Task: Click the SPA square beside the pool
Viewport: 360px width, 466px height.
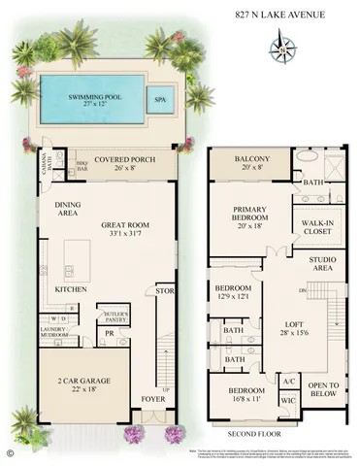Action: pos(158,98)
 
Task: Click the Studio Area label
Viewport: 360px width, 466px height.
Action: pos(323,264)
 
